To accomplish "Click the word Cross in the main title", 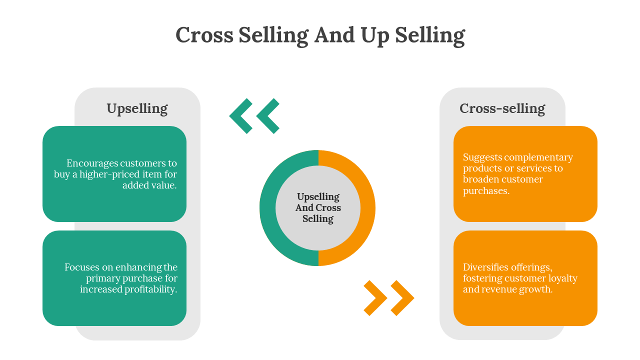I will (x=204, y=35).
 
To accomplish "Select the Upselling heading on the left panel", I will (x=137, y=108).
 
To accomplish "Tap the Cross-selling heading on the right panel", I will (x=502, y=108).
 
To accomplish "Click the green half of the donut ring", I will (x=267, y=208).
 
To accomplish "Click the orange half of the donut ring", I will (x=367, y=208).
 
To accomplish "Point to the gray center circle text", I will (x=318, y=208).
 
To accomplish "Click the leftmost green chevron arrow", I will (x=240, y=116).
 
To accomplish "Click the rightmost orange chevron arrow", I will (x=402, y=298).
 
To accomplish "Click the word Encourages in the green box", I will (x=92, y=163).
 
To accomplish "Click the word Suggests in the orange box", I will (x=481, y=157).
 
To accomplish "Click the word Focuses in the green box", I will (x=82, y=267).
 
